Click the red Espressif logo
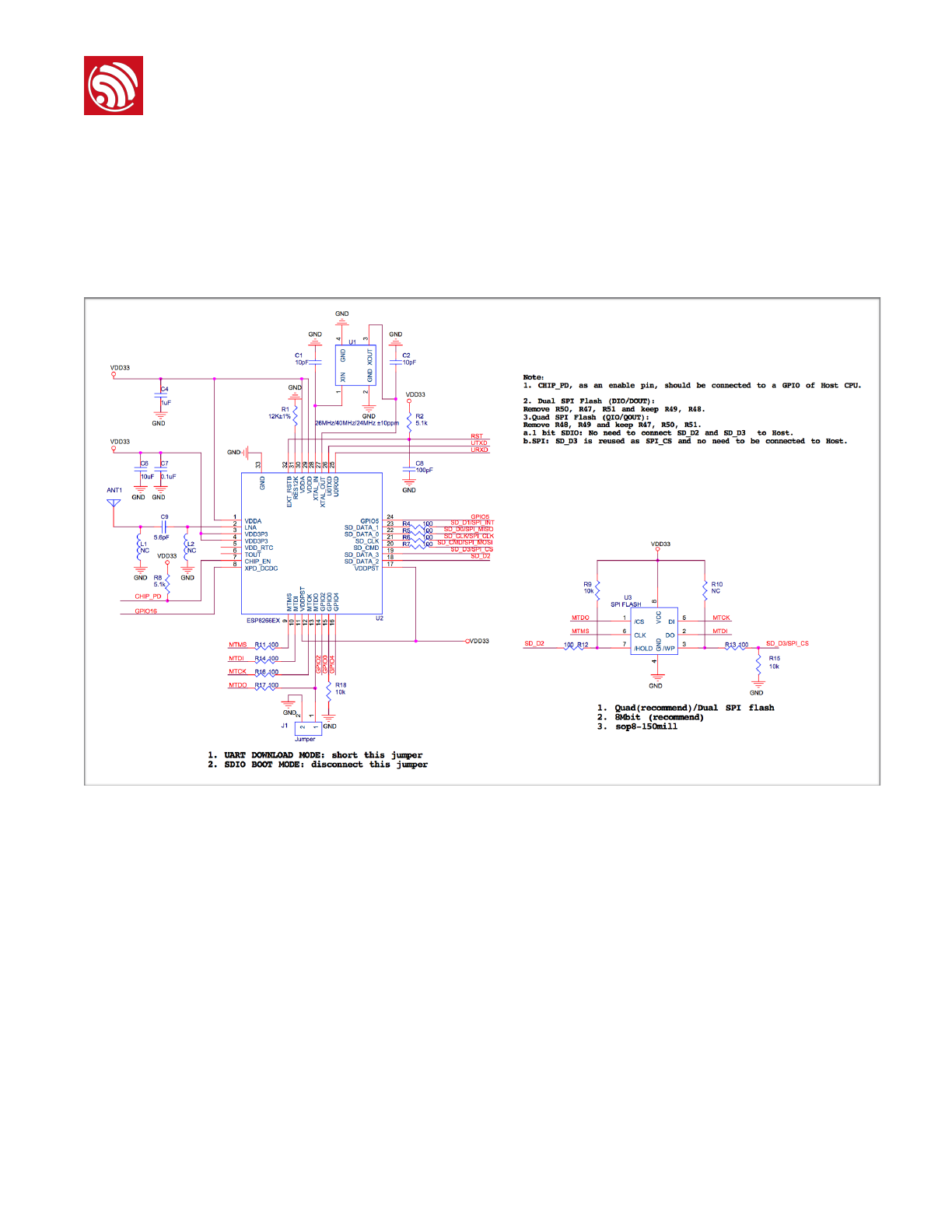pos(114,86)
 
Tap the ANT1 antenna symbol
pos(114,503)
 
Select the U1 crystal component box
pos(355,366)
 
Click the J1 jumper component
pos(308,728)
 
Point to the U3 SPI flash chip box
pos(653,632)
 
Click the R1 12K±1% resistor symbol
pos(296,413)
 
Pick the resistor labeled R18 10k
pos(329,689)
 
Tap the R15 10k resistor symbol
pos(758,663)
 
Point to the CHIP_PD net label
pos(148,597)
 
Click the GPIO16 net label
pos(145,611)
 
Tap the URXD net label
pos(479,450)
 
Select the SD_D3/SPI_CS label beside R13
pos(787,643)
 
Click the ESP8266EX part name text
pos(263,621)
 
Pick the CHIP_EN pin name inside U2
pos(257,562)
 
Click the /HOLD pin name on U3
pos(643,648)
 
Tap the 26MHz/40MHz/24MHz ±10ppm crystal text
pos(357,423)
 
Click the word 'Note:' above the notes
pos(534,377)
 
